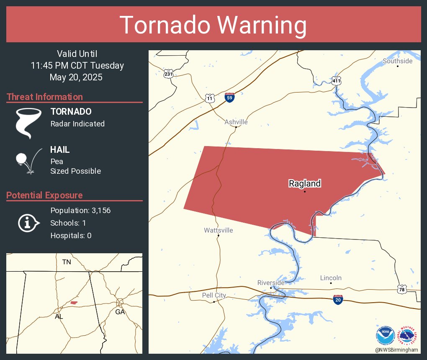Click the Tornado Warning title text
pos(213,25)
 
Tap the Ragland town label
pos(305,183)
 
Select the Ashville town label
pos(236,122)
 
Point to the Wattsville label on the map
pos(219,230)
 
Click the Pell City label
pos(214,296)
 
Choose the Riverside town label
pos(271,283)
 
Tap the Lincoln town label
pos(331,278)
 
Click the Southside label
pos(397,61)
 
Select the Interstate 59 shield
pos(229,98)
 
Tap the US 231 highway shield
pos(168,74)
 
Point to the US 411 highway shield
pos(336,80)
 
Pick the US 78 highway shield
pos(401,289)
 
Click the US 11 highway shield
pos(210,98)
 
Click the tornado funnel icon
pos(28,123)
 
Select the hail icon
pos(28,161)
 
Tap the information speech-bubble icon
pos(28,223)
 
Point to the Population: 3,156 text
pos(80,211)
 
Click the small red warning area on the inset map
pos(74,303)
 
